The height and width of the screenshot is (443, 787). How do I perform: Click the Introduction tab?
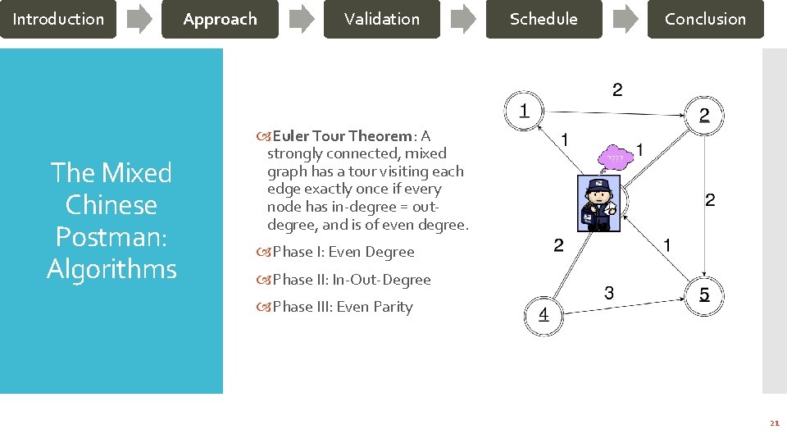58,19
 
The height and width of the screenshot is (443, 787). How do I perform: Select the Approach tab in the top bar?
220,19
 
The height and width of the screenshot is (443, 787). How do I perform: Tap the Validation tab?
381,19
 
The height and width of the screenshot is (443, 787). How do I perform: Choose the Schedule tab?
544,19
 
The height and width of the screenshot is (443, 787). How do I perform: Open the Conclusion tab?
705,19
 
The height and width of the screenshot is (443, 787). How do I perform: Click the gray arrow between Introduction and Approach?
139,20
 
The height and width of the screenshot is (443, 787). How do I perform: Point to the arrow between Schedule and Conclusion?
625,20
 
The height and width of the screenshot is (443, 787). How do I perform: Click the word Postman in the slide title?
111,236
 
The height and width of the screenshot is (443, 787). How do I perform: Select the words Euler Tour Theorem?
343,136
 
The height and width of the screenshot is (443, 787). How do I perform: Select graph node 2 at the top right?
704,115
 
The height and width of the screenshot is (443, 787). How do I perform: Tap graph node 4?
544,315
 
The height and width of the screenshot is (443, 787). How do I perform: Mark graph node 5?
704,294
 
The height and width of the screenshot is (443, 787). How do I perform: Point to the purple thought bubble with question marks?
616,158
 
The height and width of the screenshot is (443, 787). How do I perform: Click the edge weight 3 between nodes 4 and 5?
609,292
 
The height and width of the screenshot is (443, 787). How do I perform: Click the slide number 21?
774,423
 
